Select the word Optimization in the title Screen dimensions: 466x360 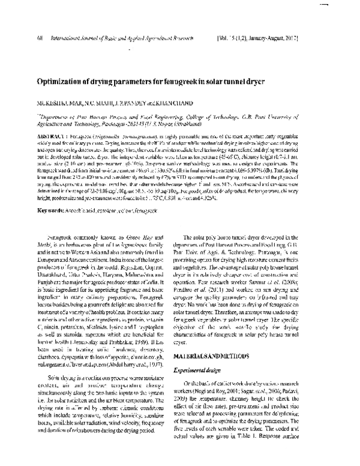64,80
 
